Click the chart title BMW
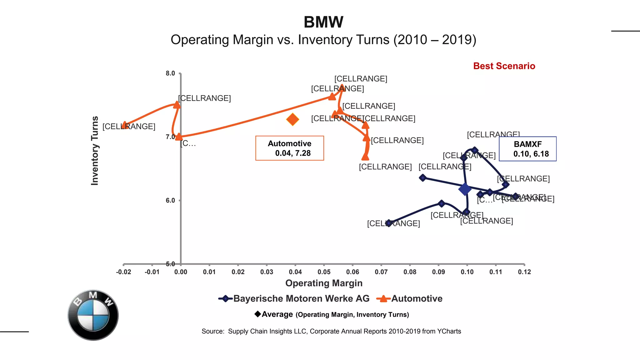tap(323, 22)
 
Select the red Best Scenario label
tap(504, 66)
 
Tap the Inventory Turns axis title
tap(95, 151)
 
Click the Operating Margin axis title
tap(324, 283)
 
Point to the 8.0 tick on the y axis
tap(170, 73)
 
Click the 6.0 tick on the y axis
tap(170, 200)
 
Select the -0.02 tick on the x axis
tap(123, 272)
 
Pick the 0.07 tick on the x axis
tap(381, 272)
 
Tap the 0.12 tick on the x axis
tap(524, 272)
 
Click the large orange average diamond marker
tap(292, 119)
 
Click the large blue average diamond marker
tap(465, 189)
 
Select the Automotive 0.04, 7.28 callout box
tap(290, 148)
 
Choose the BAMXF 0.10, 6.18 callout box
tap(527, 149)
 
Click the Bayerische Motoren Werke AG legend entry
tap(294, 298)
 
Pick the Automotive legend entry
tap(409, 298)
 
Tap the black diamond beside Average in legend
tap(258, 314)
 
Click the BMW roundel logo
tap(93, 315)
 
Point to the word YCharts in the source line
tap(449, 331)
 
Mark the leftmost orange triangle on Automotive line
tap(125, 125)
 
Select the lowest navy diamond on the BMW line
tap(388, 223)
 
